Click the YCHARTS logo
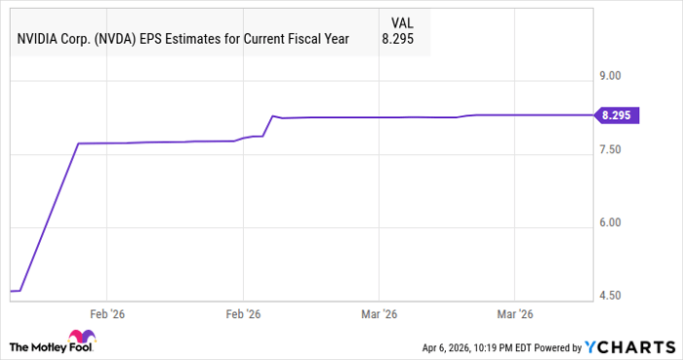tap(630, 347)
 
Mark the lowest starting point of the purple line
tap(12, 291)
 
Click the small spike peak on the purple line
tap(273, 116)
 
